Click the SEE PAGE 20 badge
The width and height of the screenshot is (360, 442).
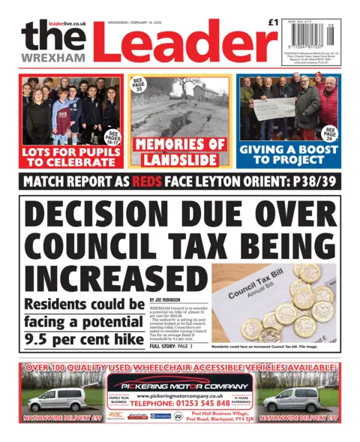139,85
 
